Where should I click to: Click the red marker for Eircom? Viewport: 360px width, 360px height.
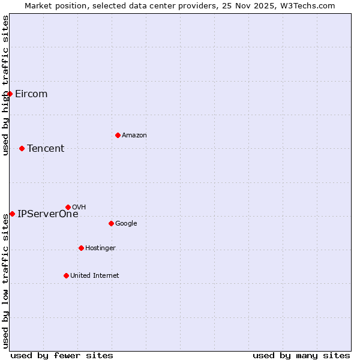tap(10, 94)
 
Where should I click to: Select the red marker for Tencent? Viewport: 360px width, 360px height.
tap(22, 148)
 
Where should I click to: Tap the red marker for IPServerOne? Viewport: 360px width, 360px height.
tap(12, 214)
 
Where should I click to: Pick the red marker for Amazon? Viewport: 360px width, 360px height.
tap(118, 135)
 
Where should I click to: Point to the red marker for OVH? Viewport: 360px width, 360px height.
tap(68, 207)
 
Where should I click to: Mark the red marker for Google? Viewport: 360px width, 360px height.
tap(111, 223)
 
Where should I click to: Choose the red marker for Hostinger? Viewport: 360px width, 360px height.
tap(81, 248)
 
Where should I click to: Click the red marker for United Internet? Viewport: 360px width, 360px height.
tap(66, 275)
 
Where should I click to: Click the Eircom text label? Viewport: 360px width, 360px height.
tap(31, 94)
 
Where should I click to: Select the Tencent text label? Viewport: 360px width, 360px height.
tap(46, 148)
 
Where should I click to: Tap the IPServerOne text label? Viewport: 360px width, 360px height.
tap(48, 214)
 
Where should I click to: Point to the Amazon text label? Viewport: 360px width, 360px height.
tap(134, 135)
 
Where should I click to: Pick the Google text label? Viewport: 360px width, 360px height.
tap(126, 223)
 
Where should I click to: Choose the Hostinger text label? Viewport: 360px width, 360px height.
tap(100, 248)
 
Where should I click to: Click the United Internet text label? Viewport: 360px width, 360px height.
tap(95, 275)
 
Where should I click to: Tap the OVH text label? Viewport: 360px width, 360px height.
tap(79, 207)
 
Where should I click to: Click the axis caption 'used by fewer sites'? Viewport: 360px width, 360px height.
tap(62, 355)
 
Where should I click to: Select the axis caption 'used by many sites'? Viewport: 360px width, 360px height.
tap(301, 355)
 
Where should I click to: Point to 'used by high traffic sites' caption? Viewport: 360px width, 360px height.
tap(5, 85)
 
